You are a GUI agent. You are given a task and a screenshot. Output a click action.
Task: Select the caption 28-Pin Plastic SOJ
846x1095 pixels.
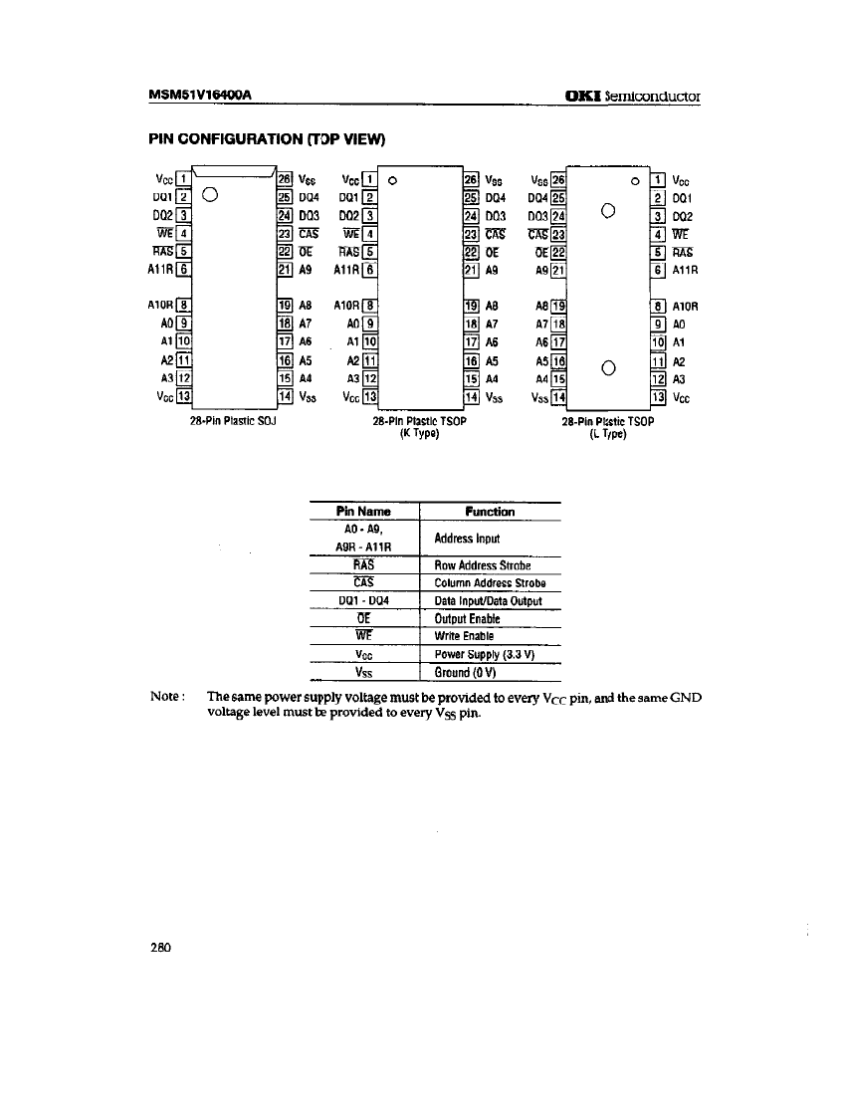[x=233, y=420]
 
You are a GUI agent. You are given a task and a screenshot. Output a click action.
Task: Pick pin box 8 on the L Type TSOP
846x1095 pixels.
[x=657, y=306]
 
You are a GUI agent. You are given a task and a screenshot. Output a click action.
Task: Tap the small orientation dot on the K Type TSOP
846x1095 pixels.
[x=393, y=181]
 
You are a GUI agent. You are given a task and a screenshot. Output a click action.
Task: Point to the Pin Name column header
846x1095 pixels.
[x=365, y=512]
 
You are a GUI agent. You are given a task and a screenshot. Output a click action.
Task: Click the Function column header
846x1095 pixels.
[x=491, y=512]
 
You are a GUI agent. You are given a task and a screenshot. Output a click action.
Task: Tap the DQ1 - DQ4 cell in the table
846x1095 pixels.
[x=364, y=600]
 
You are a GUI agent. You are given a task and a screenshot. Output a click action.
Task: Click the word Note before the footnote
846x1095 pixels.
[x=167, y=698]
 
